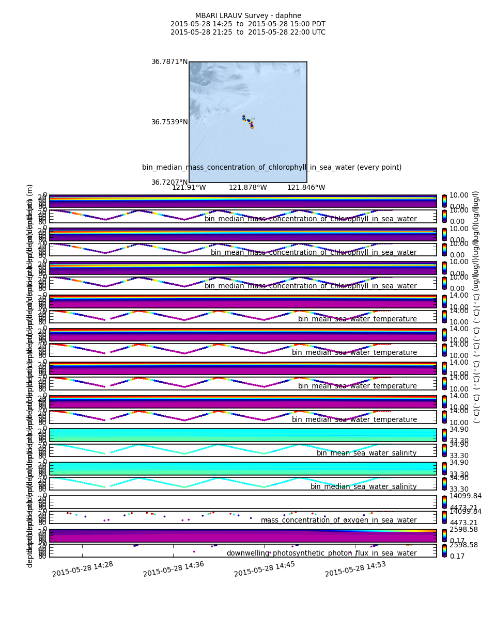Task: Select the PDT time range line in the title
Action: (248, 24)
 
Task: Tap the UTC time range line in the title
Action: (248, 32)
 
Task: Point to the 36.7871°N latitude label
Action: (169, 62)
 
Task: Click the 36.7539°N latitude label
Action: (169, 122)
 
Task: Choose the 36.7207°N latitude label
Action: (169, 183)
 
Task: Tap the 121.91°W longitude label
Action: (189, 188)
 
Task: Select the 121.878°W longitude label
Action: (248, 188)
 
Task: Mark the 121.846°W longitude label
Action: (306, 188)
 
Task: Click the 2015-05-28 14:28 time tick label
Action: (83, 569)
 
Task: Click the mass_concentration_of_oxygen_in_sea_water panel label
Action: (338, 520)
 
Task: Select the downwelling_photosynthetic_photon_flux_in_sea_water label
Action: (321, 553)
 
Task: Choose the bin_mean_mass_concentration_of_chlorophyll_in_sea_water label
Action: (314, 253)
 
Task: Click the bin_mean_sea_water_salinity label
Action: (366, 453)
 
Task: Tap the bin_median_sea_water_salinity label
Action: (363, 487)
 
